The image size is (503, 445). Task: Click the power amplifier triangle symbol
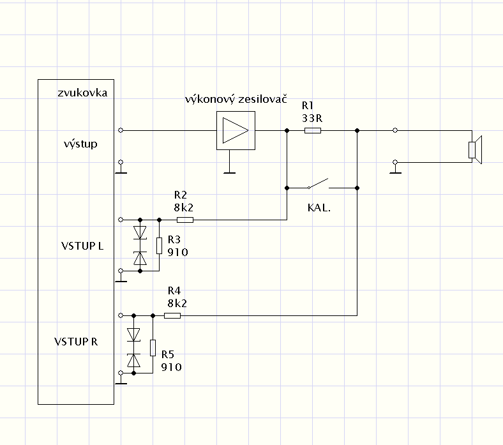click(x=235, y=130)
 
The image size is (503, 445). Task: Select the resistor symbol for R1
click(x=313, y=130)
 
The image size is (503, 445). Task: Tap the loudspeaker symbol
click(x=476, y=149)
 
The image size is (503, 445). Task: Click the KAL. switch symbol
click(x=319, y=186)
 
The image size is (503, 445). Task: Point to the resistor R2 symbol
click(x=184, y=220)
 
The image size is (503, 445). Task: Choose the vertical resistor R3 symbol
click(x=159, y=245)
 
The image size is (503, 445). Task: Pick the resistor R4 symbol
click(x=172, y=315)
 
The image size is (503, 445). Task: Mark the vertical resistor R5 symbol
click(x=153, y=347)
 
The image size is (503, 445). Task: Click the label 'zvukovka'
click(x=81, y=93)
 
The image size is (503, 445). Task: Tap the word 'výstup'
click(x=81, y=144)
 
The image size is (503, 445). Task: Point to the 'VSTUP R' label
click(x=76, y=341)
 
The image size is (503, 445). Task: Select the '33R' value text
click(x=312, y=118)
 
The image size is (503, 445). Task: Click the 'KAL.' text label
click(x=319, y=207)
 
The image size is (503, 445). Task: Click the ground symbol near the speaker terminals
click(x=395, y=170)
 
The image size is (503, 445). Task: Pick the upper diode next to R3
click(x=140, y=232)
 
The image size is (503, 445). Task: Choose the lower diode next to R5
click(x=133, y=360)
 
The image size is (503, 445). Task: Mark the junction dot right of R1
click(x=357, y=130)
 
